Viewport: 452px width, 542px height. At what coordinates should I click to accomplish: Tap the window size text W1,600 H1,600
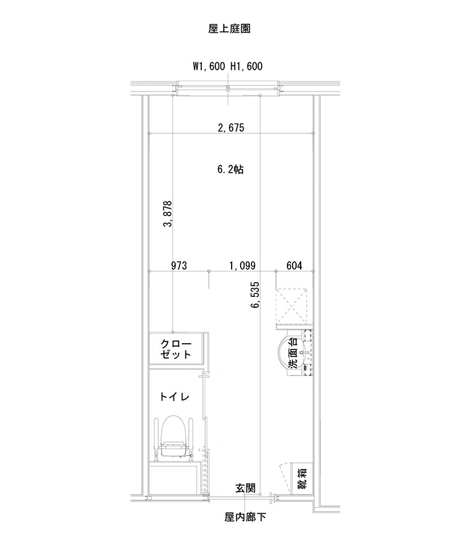click(x=228, y=67)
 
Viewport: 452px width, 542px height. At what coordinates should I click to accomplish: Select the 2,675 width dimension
click(x=231, y=128)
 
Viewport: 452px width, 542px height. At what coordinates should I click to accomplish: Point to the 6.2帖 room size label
click(x=231, y=169)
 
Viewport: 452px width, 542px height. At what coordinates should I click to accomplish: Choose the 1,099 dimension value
click(x=243, y=265)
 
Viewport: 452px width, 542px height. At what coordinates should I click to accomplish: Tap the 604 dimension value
click(x=294, y=265)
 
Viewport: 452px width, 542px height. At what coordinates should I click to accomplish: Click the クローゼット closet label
click(x=176, y=349)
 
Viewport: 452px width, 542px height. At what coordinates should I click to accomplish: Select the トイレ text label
click(x=175, y=397)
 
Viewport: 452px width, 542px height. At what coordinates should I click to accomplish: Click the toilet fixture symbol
click(x=175, y=438)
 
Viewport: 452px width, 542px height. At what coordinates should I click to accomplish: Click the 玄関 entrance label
click(x=246, y=488)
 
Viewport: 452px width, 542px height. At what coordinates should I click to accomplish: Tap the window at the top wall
click(x=228, y=89)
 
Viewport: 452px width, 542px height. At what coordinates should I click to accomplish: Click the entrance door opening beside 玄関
click(x=240, y=496)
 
